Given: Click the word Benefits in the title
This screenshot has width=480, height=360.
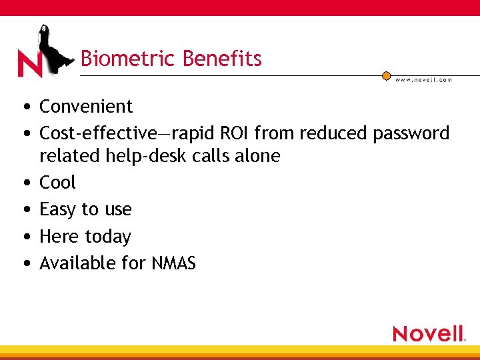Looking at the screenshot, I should point(222,59).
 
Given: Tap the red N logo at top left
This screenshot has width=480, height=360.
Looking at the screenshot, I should point(30,65).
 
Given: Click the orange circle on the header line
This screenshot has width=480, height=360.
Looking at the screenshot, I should point(386,76).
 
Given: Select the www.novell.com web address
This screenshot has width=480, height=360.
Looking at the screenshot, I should point(424,80).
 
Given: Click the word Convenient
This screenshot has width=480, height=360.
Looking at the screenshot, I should point(86,107).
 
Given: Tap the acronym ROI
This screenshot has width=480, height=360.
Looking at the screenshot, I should point(233,133).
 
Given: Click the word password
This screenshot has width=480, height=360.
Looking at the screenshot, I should point(411,134).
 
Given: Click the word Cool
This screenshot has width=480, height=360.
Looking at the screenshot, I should point(57,183).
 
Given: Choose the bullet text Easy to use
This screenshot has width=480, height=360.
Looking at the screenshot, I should point(85,210).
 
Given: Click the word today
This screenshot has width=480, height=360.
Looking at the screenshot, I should point(107,237).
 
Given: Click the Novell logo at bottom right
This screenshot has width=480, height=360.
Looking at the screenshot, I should point(428,333).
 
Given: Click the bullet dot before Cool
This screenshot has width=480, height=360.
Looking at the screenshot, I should point(24,183).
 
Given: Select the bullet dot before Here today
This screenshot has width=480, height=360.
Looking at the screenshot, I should point(24,237).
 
